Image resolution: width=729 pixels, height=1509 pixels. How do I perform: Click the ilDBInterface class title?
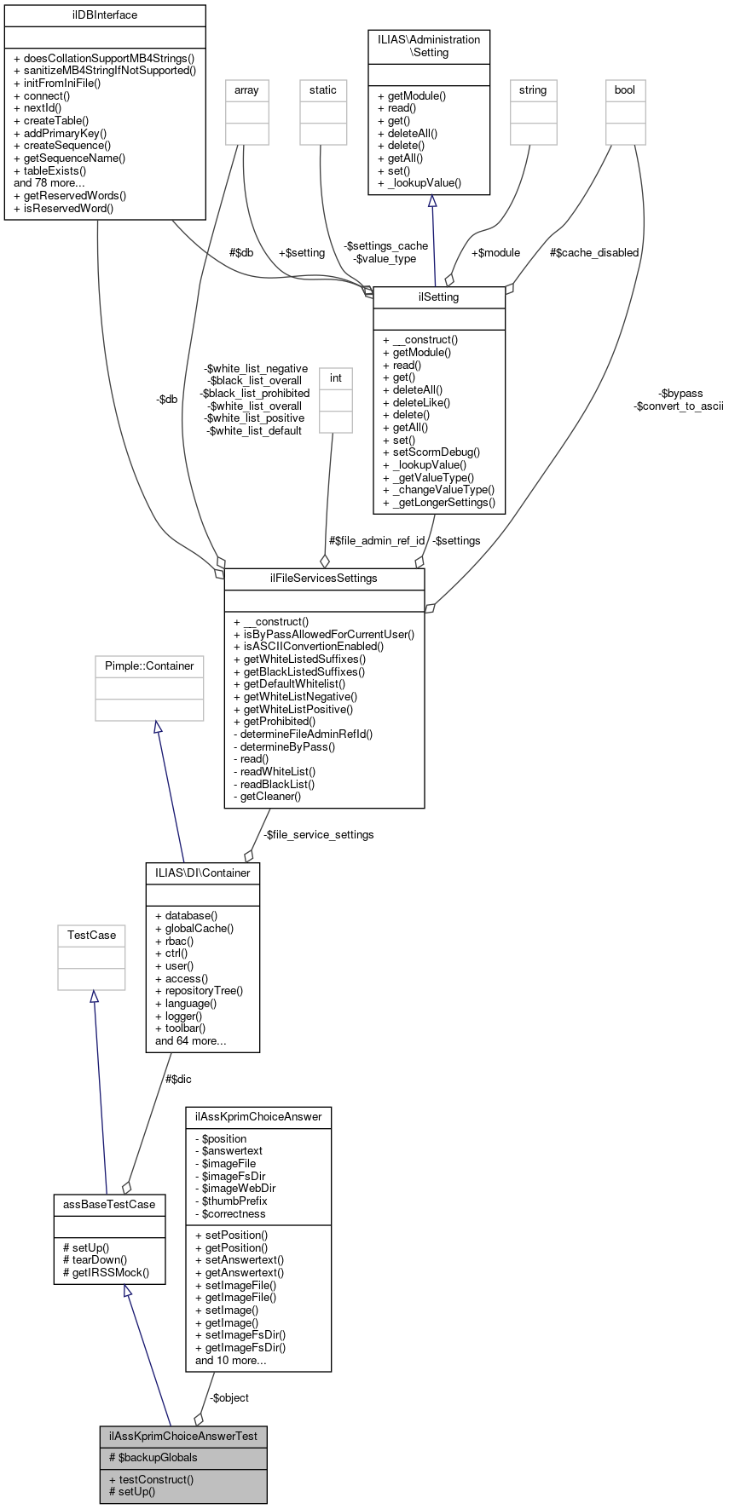pos(105,15)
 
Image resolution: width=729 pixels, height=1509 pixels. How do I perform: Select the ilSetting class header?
pos(439,297)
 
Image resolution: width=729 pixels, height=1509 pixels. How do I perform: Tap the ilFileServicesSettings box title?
pos(324,578)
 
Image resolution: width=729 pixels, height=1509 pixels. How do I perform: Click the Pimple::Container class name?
pos(149,666)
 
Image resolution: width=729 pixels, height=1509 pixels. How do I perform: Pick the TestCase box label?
pos(91,936)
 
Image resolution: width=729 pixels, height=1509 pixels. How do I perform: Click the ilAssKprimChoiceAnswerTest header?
pos(183,1436)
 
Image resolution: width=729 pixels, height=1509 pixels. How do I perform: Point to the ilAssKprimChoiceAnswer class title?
pos(258,1117)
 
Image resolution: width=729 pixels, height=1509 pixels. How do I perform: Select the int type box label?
pos(336,378)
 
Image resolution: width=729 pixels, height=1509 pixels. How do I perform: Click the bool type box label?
pos(625,90)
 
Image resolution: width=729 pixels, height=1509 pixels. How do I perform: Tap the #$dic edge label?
pos(177,1080)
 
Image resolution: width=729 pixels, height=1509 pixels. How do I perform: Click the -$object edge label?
pos(229,1397)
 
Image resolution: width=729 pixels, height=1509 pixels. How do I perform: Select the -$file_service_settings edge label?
pos(318,834)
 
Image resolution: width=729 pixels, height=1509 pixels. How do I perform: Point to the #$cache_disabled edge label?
pos(594,253)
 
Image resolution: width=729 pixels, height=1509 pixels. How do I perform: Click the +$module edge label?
pos(495,253)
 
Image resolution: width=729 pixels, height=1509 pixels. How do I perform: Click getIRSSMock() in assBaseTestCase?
pos(106,1272)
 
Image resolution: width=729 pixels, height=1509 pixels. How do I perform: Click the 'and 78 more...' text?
pos(49,182)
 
